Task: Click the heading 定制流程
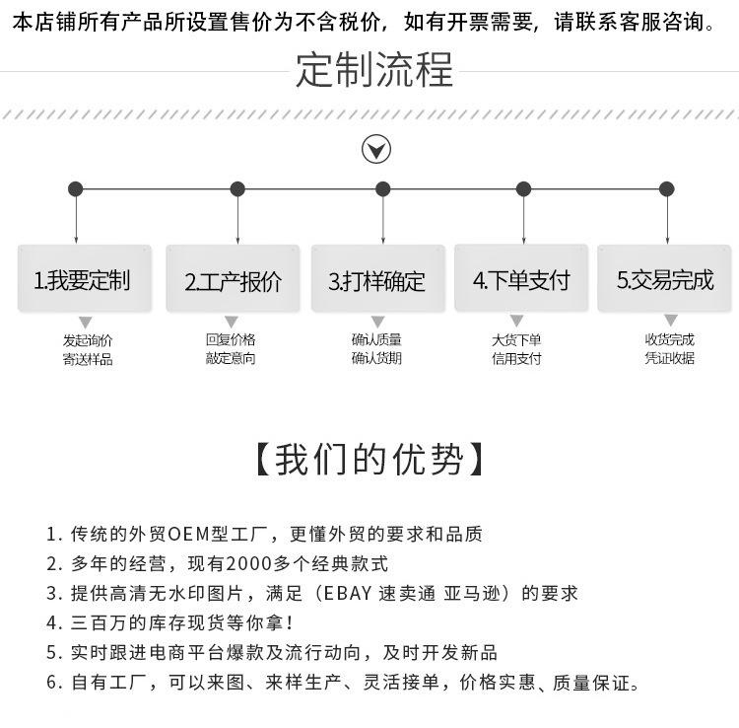point(373,70)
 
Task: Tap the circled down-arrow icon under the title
point(376,150)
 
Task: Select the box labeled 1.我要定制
point(84,279)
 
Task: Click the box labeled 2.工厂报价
point(233,281)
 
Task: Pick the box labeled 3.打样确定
point(377,281)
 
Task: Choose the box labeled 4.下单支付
point(521,280)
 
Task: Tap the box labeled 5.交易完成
point(665,280)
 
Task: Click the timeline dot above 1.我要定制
point(76,189)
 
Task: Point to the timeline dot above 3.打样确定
point(383,189)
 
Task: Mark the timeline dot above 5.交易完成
point(667,189)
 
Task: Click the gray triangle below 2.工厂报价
point(232,322)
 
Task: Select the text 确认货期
point(376,358)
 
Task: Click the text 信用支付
point(516,358)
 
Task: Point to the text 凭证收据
point(670,358)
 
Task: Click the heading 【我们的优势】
point(369,460)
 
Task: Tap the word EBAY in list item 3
point(341,593)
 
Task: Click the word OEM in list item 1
point(185,535)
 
